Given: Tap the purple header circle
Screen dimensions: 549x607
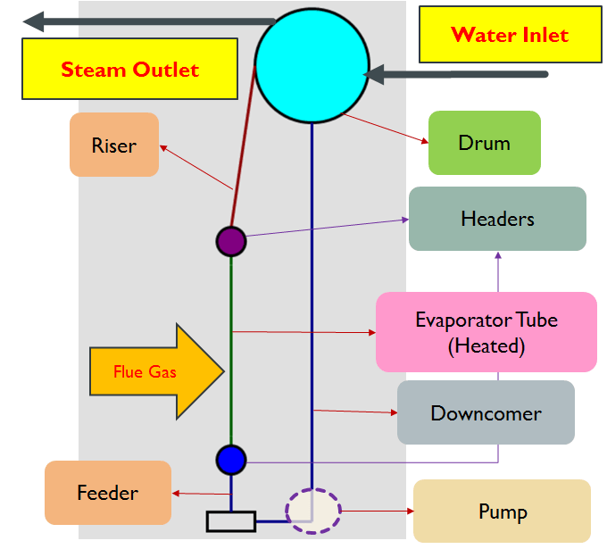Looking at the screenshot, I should tap(231, 241).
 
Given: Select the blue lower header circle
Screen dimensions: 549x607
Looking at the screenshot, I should tap(230, 460).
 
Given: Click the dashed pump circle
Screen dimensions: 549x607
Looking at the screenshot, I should tap(312, 511).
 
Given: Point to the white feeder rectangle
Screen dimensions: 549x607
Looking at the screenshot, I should tap(231, 520).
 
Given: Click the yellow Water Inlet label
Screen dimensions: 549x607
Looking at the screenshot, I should tap(510, 37).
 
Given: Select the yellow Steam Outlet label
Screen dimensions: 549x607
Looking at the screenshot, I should tap(129, 69).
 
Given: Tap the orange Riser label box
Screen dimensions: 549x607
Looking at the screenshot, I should tap(114, 145).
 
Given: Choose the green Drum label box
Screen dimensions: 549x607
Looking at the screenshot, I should tap(484, 143).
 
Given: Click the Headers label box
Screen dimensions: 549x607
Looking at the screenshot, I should tap(497, 219).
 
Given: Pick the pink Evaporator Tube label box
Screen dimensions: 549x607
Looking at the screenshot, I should tap(486, 332).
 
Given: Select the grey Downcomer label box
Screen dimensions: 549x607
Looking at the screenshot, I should tap(486, 413).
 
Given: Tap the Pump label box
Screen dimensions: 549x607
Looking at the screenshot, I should tap(502, 512).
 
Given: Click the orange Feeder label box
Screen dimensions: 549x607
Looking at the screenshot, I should tap(107, 493).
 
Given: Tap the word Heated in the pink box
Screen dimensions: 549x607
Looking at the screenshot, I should tap(486, 346).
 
